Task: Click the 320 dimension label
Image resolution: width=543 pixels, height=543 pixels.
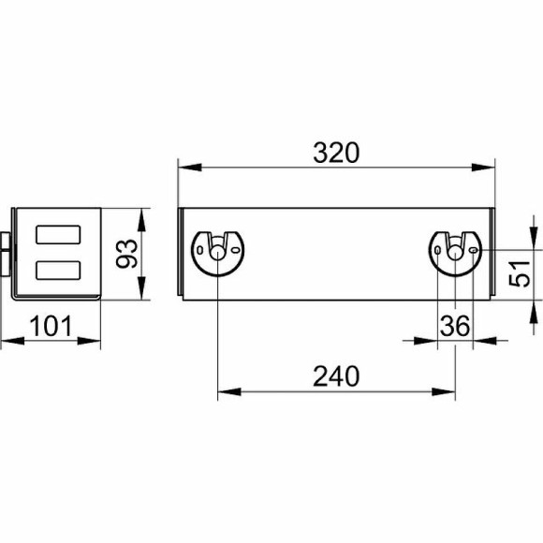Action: [336, 153]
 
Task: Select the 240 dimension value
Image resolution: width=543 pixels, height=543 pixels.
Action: [336, 376]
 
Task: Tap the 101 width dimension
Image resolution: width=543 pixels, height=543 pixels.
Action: [51, 326]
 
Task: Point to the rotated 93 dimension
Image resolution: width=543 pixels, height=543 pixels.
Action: [126, 254]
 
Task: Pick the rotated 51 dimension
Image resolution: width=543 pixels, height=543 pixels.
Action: [520, 273]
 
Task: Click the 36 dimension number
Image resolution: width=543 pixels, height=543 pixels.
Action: [455, 326]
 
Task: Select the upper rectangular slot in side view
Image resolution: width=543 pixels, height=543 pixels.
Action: [59, 234]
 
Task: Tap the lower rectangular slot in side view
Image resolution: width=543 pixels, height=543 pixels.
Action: [59, 271]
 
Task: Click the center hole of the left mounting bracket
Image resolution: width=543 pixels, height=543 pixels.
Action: [217, 253]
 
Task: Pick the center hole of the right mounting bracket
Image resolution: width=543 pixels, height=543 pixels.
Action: [455, 253]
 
